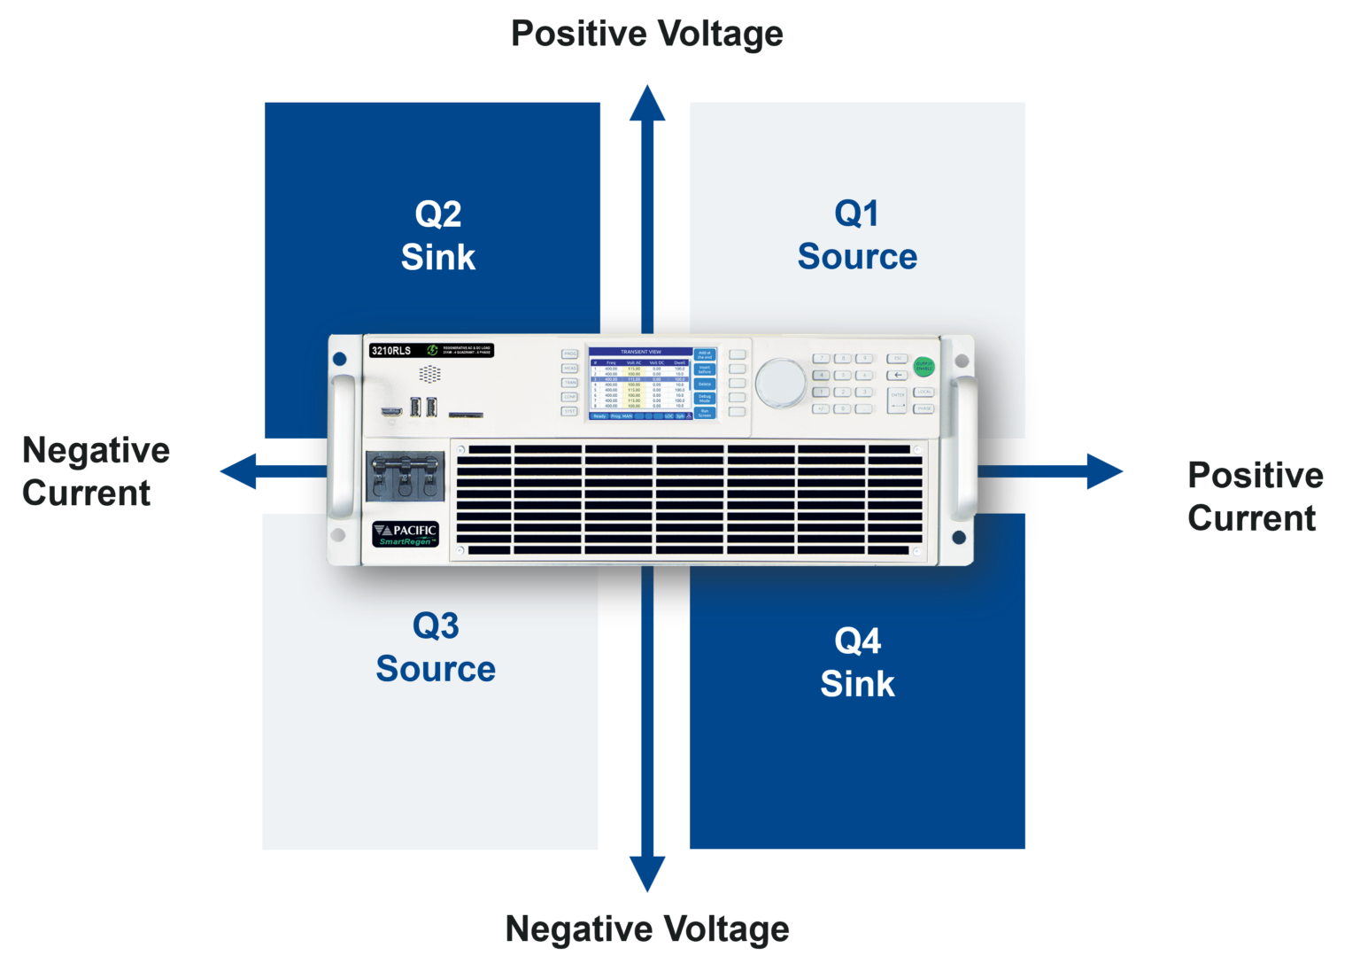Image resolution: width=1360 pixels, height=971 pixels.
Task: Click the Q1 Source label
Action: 857,235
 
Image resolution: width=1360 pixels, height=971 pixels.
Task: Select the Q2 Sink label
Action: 438,236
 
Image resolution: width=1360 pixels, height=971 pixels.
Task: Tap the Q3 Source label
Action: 436,648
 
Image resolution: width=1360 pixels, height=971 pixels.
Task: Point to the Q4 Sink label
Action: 857,663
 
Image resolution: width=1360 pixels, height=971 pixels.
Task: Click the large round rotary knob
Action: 781,383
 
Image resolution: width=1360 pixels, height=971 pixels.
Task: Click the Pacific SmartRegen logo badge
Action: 406,534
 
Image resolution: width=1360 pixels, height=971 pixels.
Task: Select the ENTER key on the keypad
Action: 898,400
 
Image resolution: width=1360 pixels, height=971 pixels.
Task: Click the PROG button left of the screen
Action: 569,353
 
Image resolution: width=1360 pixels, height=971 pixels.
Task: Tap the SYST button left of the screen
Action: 569,411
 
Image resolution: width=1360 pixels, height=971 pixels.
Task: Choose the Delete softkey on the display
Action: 705,384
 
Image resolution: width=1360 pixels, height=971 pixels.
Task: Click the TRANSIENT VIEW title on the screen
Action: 641,352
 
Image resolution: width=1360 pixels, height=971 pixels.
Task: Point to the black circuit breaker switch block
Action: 405,477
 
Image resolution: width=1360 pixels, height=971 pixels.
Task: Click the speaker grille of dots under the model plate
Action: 429,374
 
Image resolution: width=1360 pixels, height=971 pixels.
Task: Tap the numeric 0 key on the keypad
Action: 843,408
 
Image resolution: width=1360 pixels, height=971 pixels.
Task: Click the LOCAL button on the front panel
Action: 924,392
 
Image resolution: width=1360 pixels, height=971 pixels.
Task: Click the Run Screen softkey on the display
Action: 705,413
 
